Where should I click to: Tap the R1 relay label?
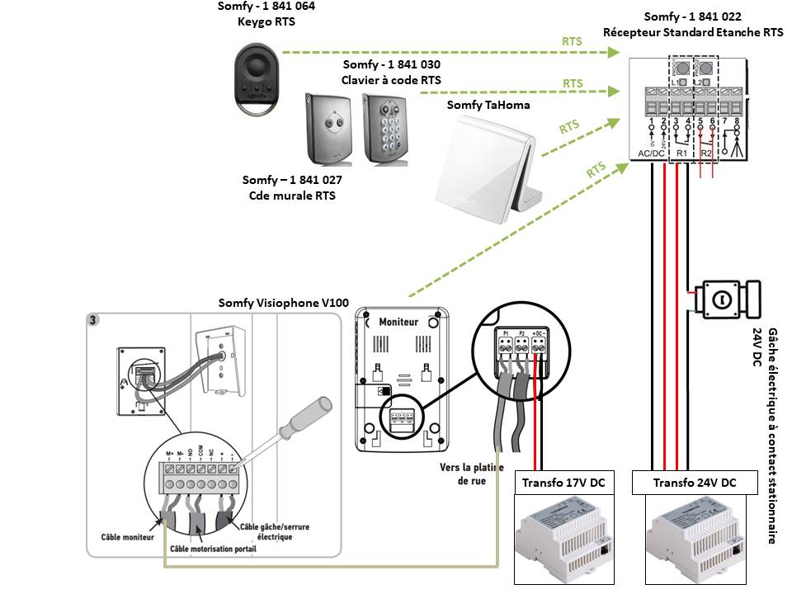[x=681, y=153]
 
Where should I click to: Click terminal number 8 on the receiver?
[x=738, y=122]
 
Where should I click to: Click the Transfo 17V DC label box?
[x=563, y=483]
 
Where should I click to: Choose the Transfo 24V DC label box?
[x=695, y=483]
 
